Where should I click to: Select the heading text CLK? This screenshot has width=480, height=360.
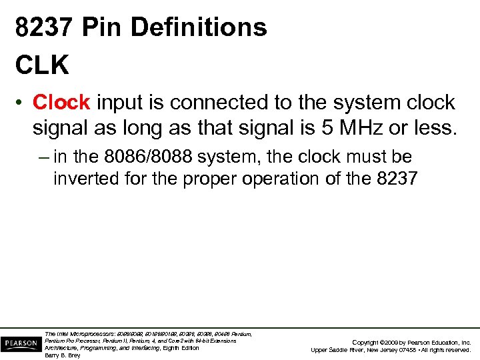click(41, 65)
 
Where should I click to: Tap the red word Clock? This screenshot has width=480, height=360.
click(61, 103)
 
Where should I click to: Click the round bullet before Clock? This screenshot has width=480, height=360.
click(21, 103)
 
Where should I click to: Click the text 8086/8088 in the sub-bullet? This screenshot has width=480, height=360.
click(148, 157)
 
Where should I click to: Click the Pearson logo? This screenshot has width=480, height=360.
click(20, 345)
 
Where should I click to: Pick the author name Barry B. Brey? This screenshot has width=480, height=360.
click(62, 355)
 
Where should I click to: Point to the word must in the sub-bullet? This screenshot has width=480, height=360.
click(353, 157)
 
